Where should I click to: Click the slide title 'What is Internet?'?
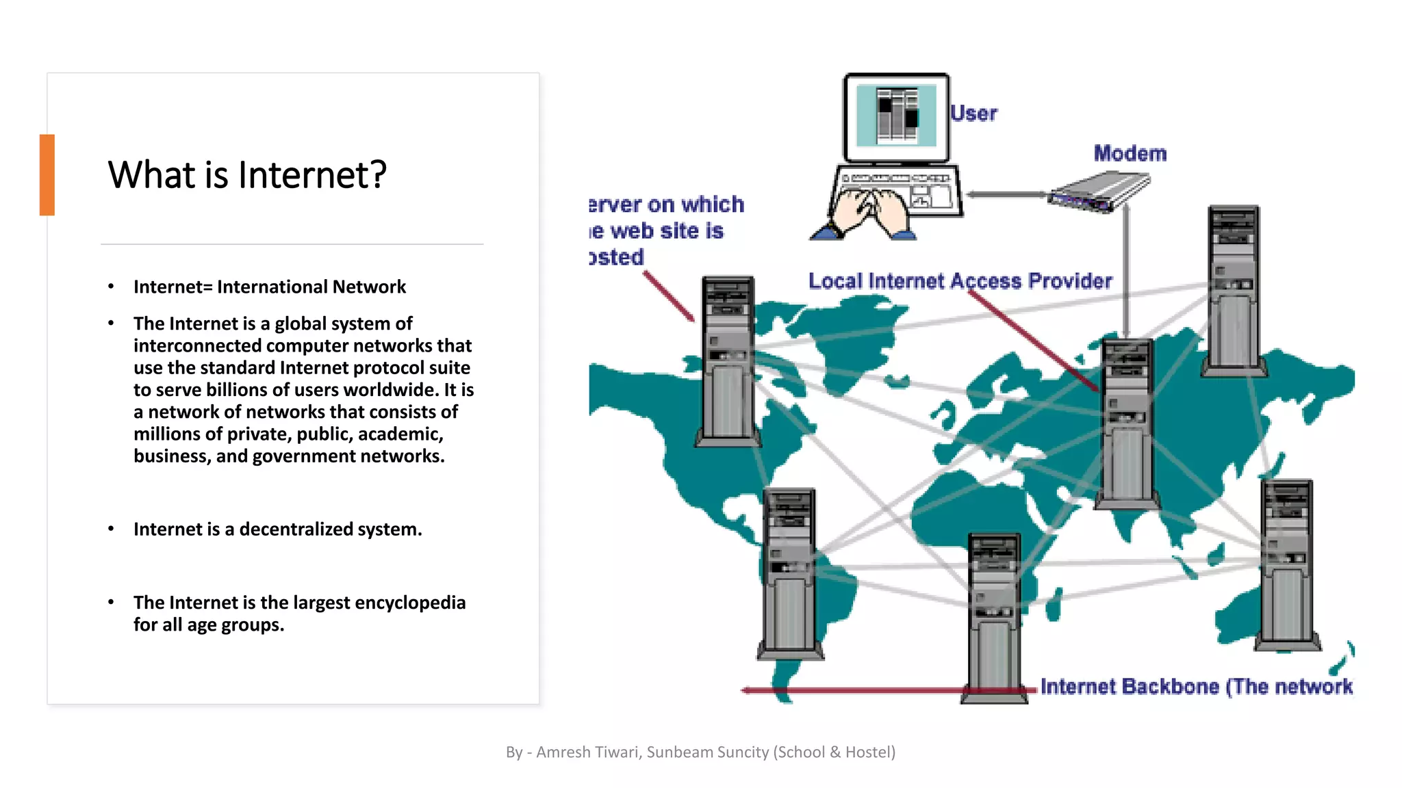(x=247, y=174)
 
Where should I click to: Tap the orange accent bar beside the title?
(x=47, y=175)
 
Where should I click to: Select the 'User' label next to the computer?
(x=973, y=113)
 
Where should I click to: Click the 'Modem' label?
(x=1130, y=153)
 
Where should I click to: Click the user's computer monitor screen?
(x=896, y=116)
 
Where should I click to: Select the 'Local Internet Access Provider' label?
(x=960, y=281)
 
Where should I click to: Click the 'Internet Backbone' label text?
(x=1196, y=686)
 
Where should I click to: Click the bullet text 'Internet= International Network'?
(x=270, y=287)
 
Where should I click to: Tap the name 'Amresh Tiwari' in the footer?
(x=588, y=752)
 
